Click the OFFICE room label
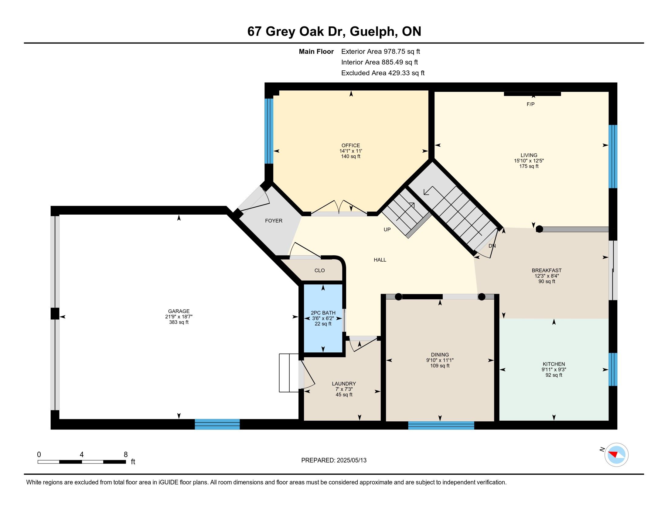coord(350,145)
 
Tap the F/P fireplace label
coord(530,104)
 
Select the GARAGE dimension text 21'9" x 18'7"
coord(179,317)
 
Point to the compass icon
coord(616,455)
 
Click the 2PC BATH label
coord(323,313)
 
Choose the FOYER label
coord(274,221)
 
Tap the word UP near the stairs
coord(387,229)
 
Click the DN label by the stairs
coord(492,246)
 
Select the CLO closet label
coord(319,270)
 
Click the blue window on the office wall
coord(269,131)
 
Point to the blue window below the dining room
coord(441,425)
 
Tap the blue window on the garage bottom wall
coord(217,424)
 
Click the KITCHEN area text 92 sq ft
coord(554,375)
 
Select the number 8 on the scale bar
coord(125,455)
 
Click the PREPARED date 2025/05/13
coord(351,460)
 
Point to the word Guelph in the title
coord(372,32)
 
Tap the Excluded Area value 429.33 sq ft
coord(406,73)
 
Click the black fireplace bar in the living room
coord(532,94)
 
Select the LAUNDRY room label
coord(344,384)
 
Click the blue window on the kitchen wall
coord(613,369)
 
